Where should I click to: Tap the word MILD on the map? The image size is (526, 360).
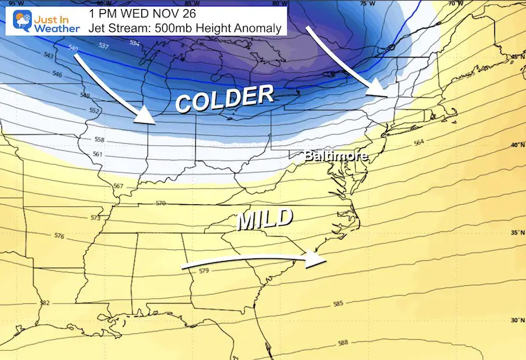pyautogui.click(x=265, y=220)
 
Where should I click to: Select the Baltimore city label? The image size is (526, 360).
pyautogui.click(x=335, y=156)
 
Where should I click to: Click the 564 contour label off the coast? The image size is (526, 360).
pyautogui.click(x=418, y=142)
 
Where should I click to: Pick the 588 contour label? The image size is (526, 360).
pyautogui.click(x=343, y=343)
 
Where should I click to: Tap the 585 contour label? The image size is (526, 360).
pyautogui.click(x=338, y=303)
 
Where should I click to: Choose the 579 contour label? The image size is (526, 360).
pyautogui.click(x=203, y=271)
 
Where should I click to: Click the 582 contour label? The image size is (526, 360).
pyautogui.click(x=45, y=303)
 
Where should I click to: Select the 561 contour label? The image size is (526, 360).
pyautogui.click(x=98, y=154)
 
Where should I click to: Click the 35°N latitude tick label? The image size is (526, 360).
pyautogui.click(x=516, y=233)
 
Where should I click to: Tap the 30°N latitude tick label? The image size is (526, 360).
pyautogui.click(x=516, y=320)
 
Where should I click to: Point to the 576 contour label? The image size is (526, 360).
pyautogui.click(x=60, y=236)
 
